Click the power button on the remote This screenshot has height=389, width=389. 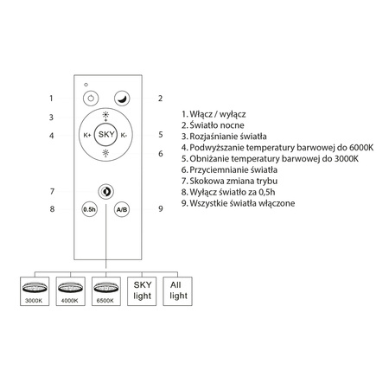tap(91, 99)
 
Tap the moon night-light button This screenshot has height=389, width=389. tap(122, 99)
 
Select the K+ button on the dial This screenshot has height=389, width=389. tap(87, 135)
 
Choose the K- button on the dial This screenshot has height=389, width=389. tap(124, 135)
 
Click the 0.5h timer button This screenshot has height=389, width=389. tap(89, 209)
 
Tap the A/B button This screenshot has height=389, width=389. tap(122, 209)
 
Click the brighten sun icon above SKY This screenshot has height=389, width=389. tap(105, 115)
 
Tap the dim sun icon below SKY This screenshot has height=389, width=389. tap(105, 153)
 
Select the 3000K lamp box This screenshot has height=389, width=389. tap(35, 291)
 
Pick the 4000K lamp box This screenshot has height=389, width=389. tap(70, 291)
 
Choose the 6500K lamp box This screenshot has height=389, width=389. tap(106, 291)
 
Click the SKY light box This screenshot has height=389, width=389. tap(142, 291)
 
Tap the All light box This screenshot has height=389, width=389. tap(177, 291)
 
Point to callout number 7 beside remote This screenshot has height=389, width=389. tap(52, 191)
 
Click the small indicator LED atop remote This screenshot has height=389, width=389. tap(86, 85)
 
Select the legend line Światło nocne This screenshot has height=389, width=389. tap(213, 125)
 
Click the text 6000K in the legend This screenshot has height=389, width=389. tap(361, 148)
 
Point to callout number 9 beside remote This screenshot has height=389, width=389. tap(161, 208)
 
